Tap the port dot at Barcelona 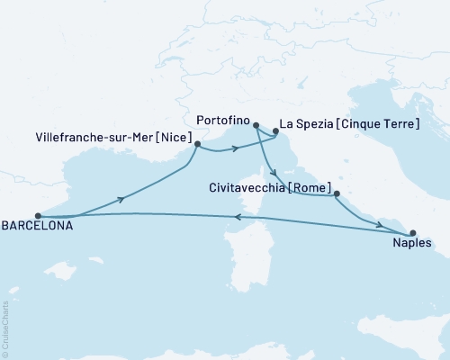[x=37, y=216]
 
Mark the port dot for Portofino [x=256, y=126]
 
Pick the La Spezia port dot [x=274, y=135]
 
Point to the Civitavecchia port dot [x=336, y=194]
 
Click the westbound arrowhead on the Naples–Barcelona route [x=237, y=216]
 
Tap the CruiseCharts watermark [x=6, y=328]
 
